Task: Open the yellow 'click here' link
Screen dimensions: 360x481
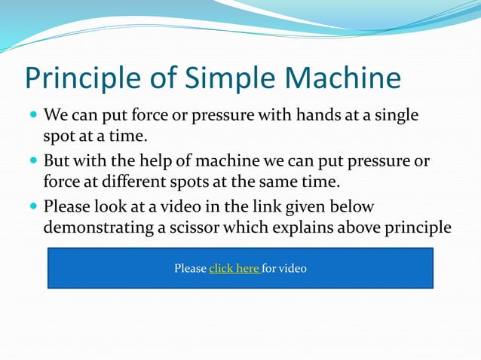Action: click(234, 268)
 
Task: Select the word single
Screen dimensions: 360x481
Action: click(395, 117)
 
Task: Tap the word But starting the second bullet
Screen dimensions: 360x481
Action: click(57, 161)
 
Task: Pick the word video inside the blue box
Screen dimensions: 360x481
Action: click(292, 268)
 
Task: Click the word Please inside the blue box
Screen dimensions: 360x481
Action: click(190, 268)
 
